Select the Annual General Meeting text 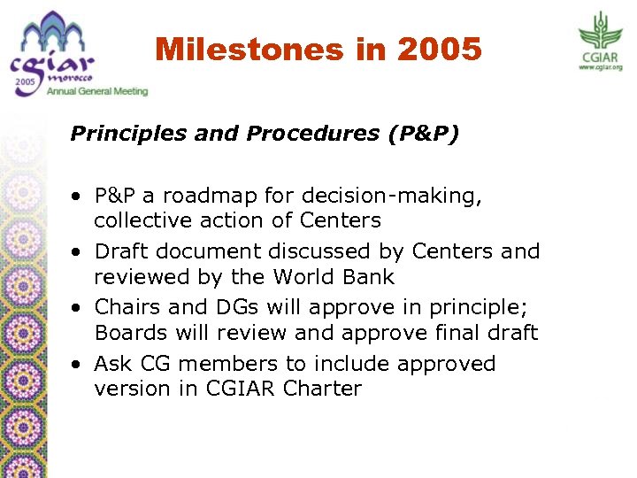click(x=98, y=91)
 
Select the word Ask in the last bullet click(x=112, y=364)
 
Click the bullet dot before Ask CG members click(x=79, y=365)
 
